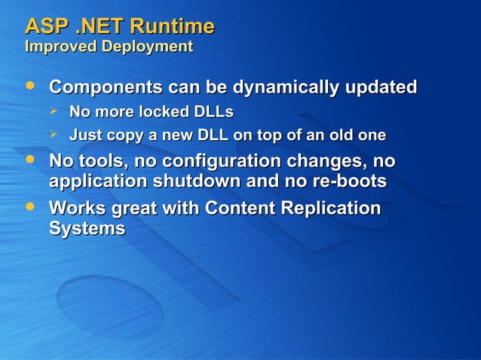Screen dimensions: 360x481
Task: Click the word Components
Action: pos(104,87)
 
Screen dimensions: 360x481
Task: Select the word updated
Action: pos(380,87)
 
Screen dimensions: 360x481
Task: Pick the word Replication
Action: pos(332,208)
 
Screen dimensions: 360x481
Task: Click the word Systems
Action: pos(87,228)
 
